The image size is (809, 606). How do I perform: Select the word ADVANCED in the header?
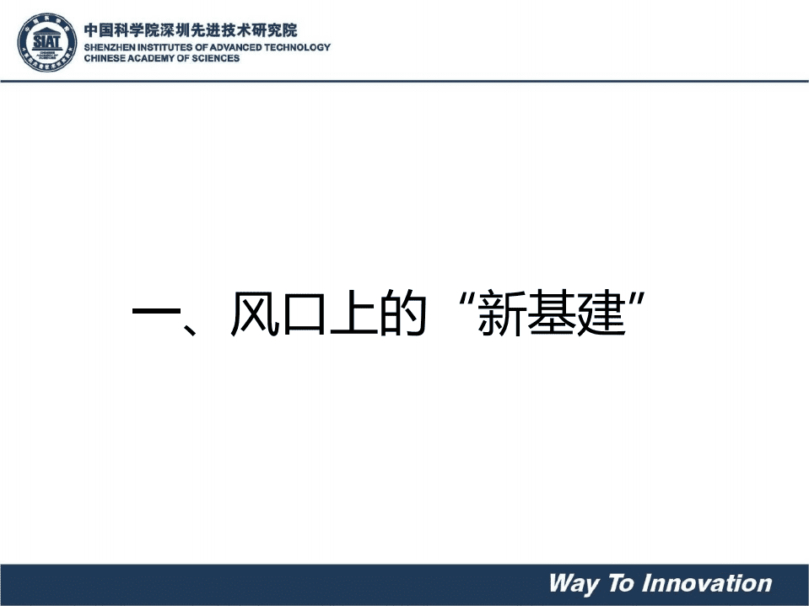[x=230, y=48]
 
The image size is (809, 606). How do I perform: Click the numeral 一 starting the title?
[x=157, y=314]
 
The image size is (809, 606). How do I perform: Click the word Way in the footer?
[x=574, y=583]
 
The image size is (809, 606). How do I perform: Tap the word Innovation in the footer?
[x=707, y=583]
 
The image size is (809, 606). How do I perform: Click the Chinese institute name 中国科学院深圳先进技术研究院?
[x=191, y=30]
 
